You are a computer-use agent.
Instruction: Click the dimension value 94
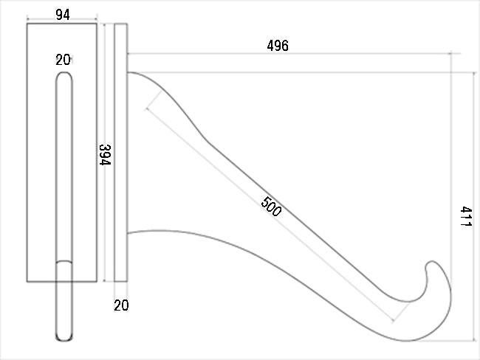point(63,14)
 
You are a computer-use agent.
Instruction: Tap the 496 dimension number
point(278,46)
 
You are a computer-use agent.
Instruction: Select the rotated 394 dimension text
point(105,154)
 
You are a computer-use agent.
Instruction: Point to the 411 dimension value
point(466,216)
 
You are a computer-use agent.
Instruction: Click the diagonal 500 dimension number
point(271,207)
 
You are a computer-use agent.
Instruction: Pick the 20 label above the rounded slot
point(63,60)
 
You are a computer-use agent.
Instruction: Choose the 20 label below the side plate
point(121,305)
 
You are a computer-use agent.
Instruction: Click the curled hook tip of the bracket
point(431,263)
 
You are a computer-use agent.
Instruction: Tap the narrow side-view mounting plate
point(120,152)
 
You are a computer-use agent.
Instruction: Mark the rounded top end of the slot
point(64,73)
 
